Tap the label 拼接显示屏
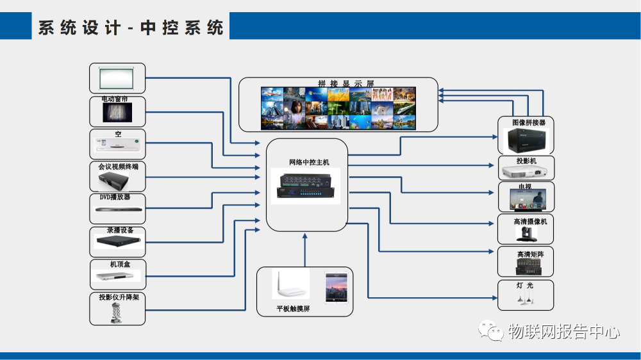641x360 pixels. (x=345, y=84)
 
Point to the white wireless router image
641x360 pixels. (x=291, y=286)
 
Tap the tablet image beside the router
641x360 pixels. (x=336, y=288)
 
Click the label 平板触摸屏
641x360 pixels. (x=294, y=309)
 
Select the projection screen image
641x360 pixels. (x=117, y=78)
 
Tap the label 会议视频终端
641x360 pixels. (x=118, y=166)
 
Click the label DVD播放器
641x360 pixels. (x=115, y=197)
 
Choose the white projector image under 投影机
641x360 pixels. (x=526, y=172)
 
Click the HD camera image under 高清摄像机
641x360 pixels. (x=526, y=233)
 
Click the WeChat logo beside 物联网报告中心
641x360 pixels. (x=493, y=331)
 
